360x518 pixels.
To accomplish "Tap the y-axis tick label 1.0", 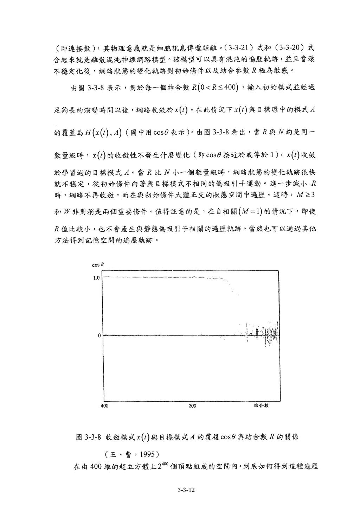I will pyautogui.click(x=96, y=278).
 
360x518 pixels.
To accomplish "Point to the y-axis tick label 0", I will pyautogui.click(x=99, y=335).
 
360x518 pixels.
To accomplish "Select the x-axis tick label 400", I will pyautogui.click(x=104, y=405).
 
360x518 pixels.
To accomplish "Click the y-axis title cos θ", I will pyautogui.click(x=97, y=265).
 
